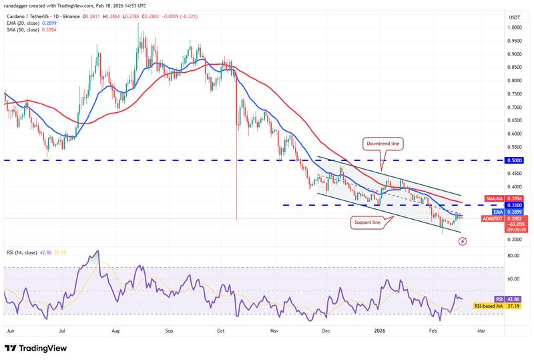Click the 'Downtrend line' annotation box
coord(382,143)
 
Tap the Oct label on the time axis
coord(220,330)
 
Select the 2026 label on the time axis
coord(380,330)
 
